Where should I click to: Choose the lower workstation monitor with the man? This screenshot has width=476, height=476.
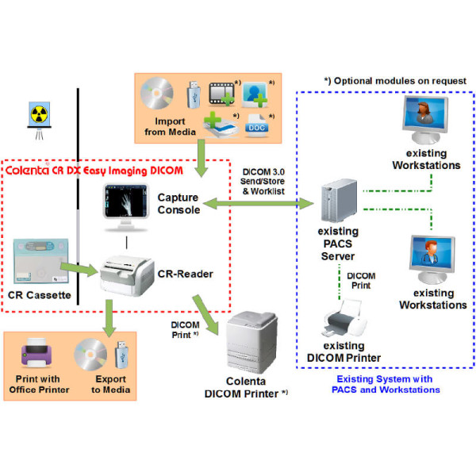[428, 261]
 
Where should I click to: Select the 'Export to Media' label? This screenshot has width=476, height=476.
[108, 385]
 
